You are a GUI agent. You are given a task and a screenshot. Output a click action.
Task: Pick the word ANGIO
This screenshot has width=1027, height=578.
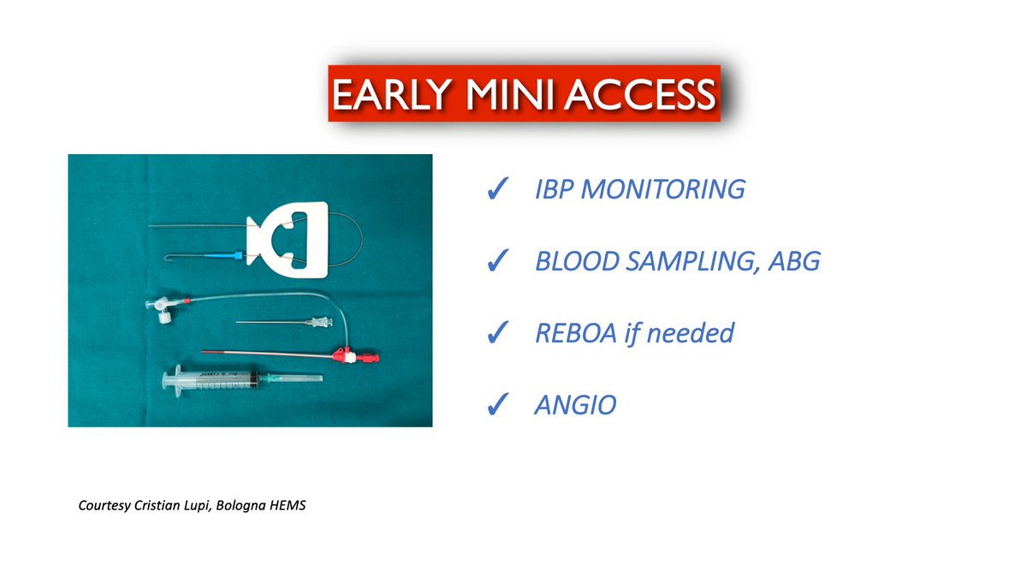[x=574, y=403]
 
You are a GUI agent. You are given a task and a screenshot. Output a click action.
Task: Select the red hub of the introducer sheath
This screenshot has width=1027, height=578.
[x=347, y=354]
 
